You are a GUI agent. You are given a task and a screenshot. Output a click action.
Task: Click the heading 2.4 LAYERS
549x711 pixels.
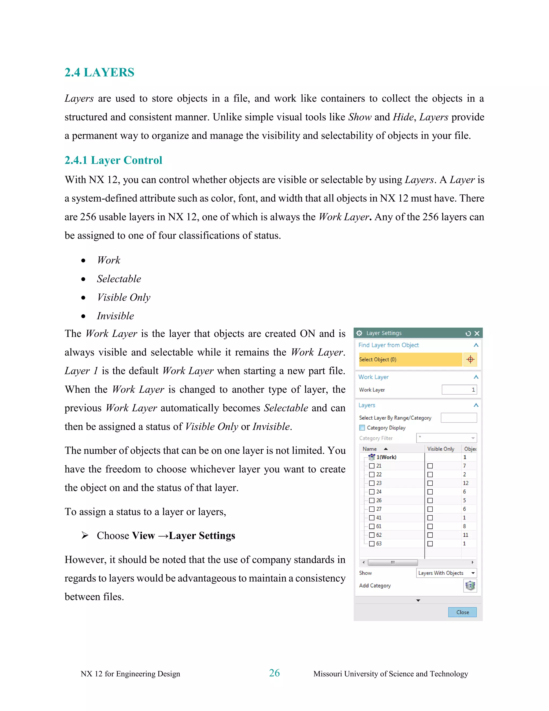point(99,72)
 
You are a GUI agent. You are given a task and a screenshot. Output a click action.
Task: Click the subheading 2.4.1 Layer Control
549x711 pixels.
point(113,160)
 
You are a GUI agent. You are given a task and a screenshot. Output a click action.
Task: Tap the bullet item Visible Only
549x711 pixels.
point(124,297)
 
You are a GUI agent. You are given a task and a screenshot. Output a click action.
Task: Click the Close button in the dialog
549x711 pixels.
point(462,612)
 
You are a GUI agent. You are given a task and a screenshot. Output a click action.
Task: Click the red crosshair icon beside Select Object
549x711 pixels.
point(470,360)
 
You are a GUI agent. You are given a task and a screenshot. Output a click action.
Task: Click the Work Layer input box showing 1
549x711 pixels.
point(459,390)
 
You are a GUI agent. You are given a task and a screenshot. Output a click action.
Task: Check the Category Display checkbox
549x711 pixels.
point(362,428)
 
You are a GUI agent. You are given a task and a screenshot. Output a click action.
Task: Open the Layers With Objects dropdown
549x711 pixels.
point(446,573)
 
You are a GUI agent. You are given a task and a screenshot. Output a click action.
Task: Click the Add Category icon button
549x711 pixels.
point(470,586)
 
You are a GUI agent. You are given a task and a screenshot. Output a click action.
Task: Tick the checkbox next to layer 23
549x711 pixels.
point(372,483)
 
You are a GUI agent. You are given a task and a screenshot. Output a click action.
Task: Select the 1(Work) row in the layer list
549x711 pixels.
point(386,457)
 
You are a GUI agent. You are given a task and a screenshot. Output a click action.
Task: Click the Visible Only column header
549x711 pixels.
point(441,449)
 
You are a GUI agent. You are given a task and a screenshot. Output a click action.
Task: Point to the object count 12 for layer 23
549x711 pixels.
point(465,483)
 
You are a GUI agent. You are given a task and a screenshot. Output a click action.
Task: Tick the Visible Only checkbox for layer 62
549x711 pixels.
point(430,535)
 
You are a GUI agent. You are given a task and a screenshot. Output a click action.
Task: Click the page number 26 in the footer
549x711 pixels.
point(274,673)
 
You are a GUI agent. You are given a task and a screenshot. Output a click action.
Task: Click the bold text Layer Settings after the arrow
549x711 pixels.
point(202,536)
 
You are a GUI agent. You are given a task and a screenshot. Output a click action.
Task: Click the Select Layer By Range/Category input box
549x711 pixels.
point(459,418)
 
